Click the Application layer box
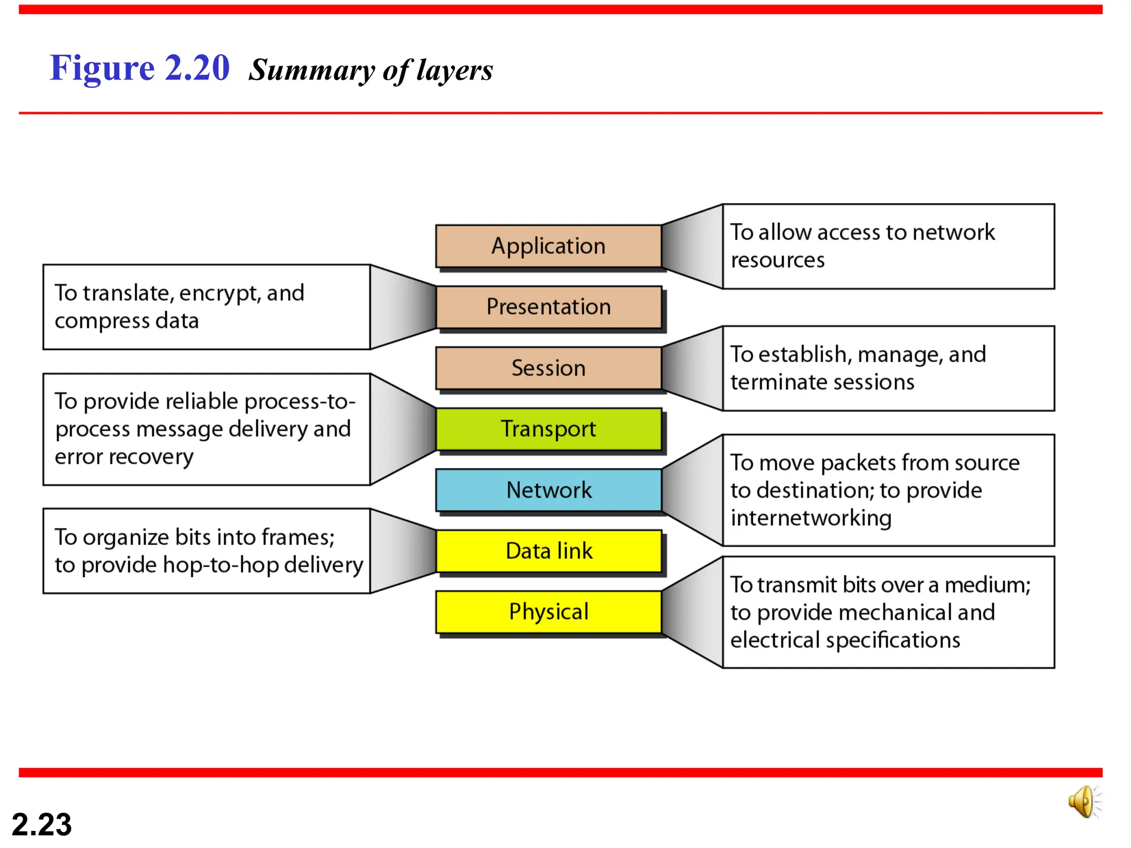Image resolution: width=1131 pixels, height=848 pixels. [548, 246]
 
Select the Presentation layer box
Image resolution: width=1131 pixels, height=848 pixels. [548, 307]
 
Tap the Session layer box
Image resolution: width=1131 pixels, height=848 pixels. [548, 368]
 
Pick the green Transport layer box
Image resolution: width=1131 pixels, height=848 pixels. [548, 429]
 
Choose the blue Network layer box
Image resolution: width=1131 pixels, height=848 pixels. [548, 490]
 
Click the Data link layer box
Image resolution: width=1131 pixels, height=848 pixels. [548, 551]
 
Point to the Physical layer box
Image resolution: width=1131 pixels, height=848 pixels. [548, 612]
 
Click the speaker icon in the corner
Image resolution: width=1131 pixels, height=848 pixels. [1084, 802]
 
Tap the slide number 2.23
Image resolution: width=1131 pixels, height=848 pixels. [41, 825]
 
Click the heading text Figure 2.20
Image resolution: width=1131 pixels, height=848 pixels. [139, 68]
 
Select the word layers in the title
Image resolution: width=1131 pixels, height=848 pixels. [454, 71]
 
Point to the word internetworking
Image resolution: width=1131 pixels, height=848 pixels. [811, 518]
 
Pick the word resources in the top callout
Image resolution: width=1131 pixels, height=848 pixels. [777, 260]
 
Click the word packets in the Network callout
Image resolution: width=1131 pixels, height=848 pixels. [857, 463]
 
